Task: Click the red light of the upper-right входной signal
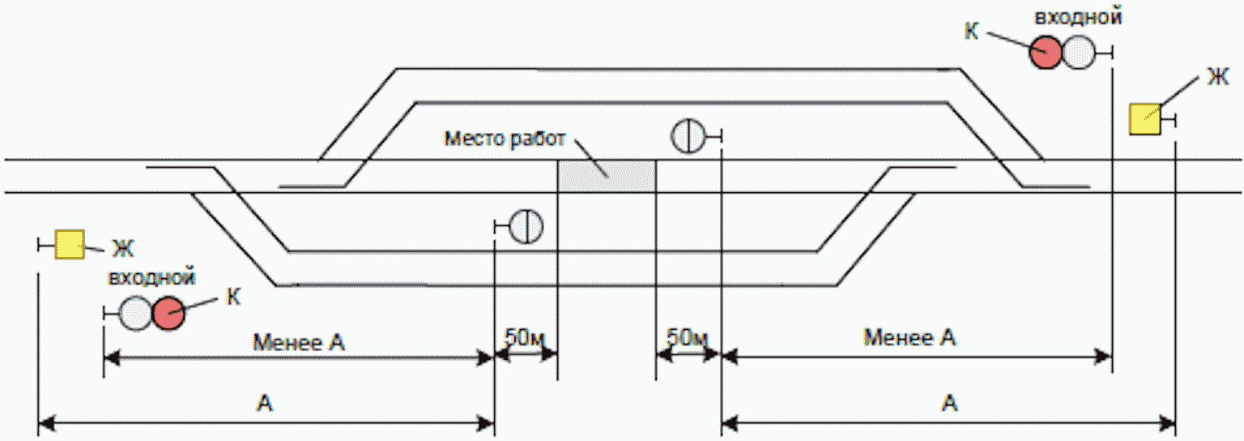pos(1046,52)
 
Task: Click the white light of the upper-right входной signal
pos(1079,52)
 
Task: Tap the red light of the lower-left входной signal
pos(168,314)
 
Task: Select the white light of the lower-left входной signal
pos(135,314)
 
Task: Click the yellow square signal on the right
pos(1145,119)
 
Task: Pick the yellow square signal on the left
pos(70,244)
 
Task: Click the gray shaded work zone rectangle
pos(607,176)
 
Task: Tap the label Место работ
pos(505,139)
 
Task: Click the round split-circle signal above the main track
pos(688,135)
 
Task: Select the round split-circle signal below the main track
pos(526,226)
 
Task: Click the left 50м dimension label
pos(525,337)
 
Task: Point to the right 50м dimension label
pos(688,337)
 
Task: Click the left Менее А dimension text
pos(299,342)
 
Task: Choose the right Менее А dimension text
pos(910,337)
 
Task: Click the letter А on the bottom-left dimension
pos(265,403)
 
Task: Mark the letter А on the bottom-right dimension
pos(950,403)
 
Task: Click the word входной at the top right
pos(1078,17)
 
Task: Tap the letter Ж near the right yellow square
pos(1218,77)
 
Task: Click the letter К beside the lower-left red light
pos(233,298)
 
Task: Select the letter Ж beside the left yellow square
pos(123,249)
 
